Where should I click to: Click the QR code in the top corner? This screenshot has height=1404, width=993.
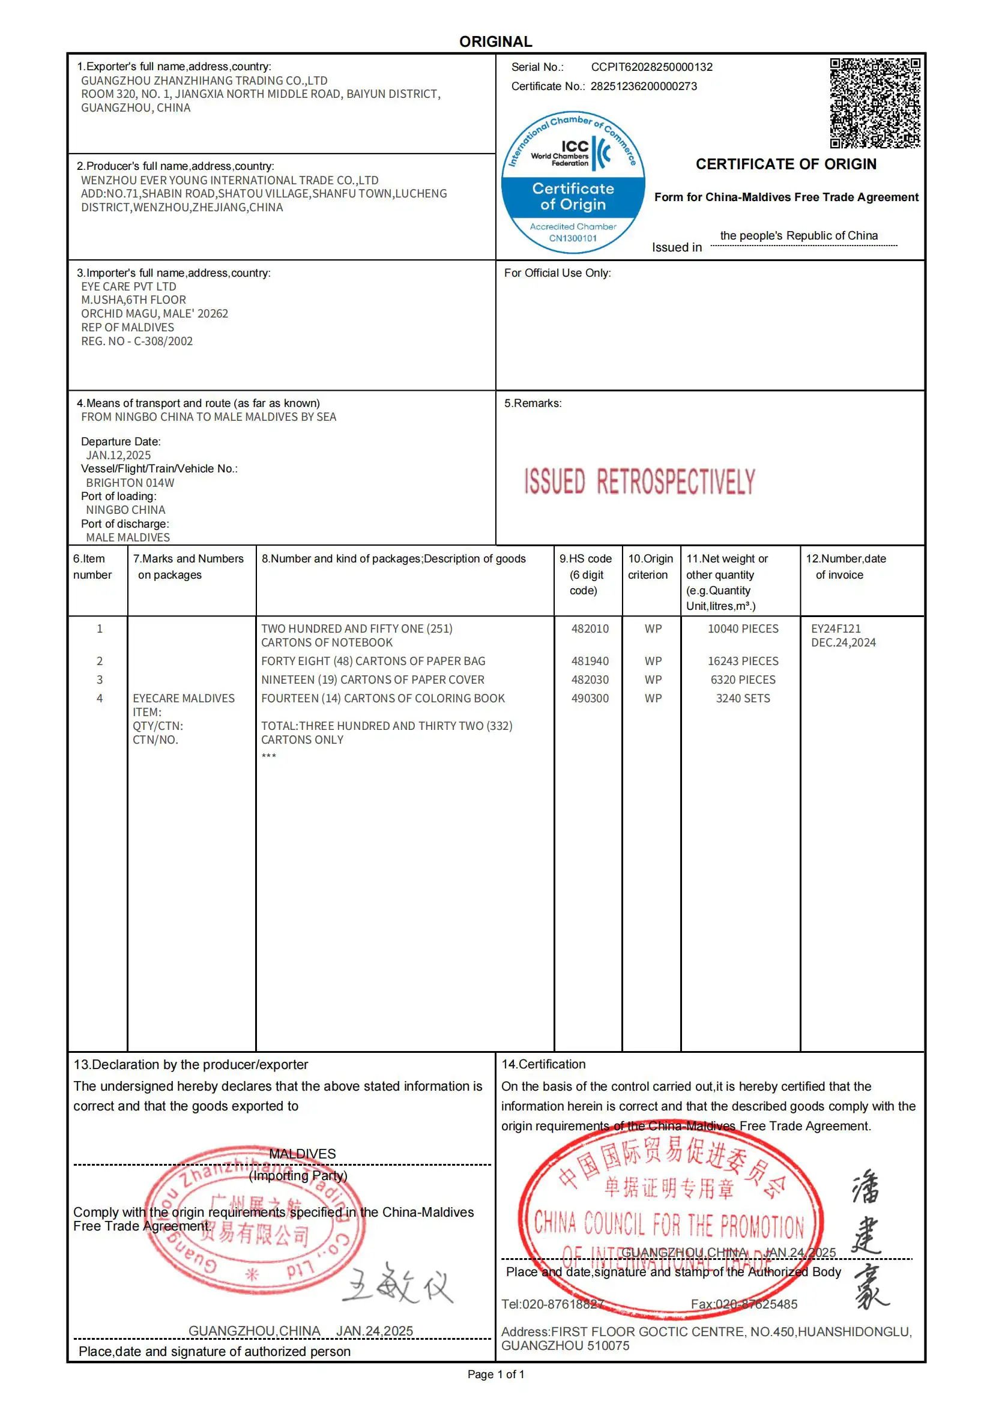pos(875,103)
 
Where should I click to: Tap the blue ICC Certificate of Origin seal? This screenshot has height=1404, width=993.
pos(573,182)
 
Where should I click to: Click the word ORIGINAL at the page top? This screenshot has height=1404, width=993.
pos(495,41)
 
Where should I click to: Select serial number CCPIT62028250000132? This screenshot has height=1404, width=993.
pos(651,67)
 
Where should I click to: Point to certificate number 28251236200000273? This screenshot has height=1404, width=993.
pos(643,86)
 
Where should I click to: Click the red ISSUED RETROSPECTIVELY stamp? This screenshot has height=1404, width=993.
pos(639,482)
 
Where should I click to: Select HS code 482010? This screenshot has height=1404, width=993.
pos(590,628)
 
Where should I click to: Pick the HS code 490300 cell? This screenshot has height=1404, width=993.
pos(590,698)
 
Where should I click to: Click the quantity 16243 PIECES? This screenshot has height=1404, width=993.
pos(743,661)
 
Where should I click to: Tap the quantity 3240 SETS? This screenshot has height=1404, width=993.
pos(743,698)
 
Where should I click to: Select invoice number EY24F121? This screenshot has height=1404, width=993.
pos(835,628)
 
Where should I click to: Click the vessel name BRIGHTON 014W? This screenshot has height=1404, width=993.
pos(130,483)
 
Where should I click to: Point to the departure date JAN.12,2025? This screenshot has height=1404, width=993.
pos(118,455)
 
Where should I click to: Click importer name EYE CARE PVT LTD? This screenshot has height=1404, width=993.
pos(128,286)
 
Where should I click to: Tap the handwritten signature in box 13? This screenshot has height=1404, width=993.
pos(397,1283)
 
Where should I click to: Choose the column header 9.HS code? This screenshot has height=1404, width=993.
pos(585,559)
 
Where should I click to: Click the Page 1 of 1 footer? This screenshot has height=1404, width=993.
pos(495,1374)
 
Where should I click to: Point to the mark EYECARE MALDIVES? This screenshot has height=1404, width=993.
pos(184,698)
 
